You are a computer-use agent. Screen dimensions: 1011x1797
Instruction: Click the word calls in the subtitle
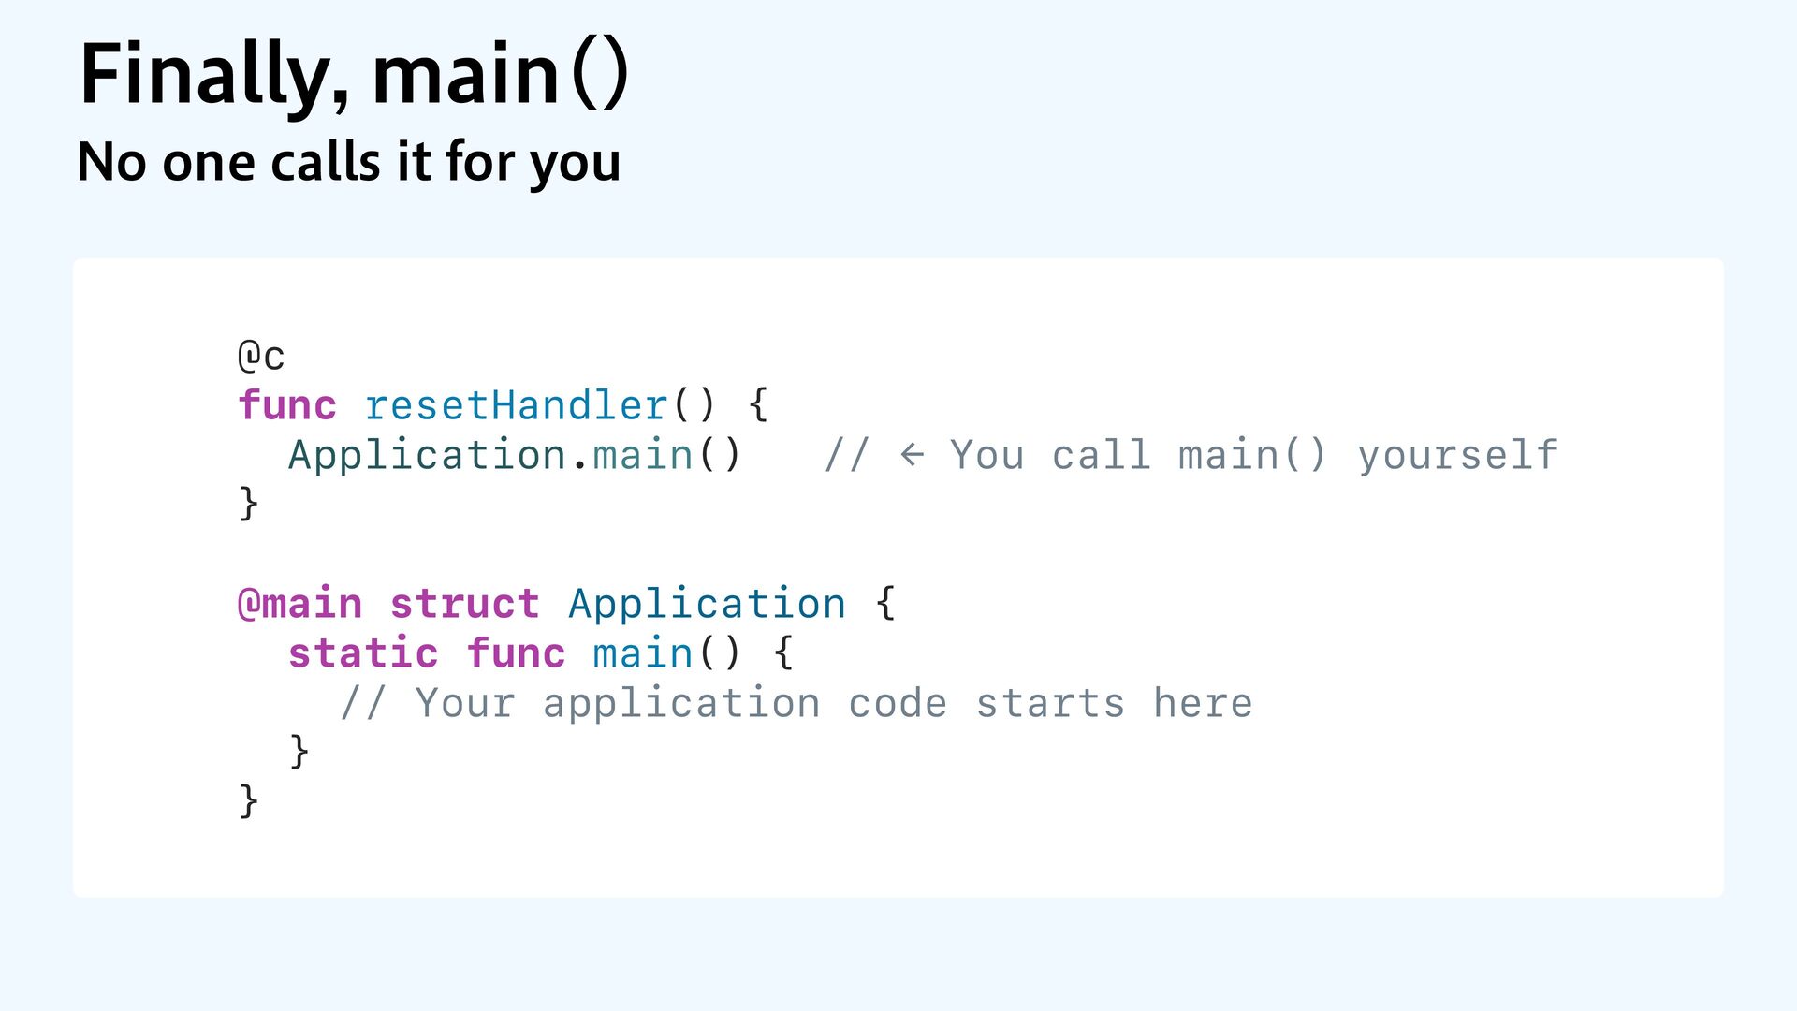tap(325, 162)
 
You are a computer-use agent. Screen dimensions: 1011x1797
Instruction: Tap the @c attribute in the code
tap(261, 357)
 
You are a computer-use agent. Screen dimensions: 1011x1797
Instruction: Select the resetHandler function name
tap(515, 405)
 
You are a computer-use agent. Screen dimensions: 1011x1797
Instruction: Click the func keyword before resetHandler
tap(286, 405)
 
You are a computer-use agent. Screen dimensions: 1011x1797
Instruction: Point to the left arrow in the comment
tap(912, 456)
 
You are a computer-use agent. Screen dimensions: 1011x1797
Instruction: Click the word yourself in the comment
tap(1457, 456)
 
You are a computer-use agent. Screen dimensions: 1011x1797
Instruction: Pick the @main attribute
tap(299, 604)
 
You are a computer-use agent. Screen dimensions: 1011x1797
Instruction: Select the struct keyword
tap(464, 604)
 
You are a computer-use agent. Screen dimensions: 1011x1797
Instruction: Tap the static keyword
tap(363, 653)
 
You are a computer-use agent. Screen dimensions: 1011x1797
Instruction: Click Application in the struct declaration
tap(707, 604)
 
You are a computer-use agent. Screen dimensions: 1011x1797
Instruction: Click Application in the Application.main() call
tap(427, 456)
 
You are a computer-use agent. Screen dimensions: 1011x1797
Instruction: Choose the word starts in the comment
tap(1050, 703)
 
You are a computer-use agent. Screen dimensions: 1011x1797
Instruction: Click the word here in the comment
tap(1203, 703)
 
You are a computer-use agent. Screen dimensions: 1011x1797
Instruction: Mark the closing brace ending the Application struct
tap(248, 801)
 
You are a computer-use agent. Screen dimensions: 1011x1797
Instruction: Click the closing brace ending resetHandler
tap(248, 504)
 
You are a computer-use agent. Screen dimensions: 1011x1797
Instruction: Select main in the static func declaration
tap(642, 653)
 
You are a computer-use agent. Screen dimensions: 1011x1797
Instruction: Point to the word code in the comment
tap(898, 703)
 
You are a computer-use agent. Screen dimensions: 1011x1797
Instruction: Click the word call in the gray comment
tap(1101, 456)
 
